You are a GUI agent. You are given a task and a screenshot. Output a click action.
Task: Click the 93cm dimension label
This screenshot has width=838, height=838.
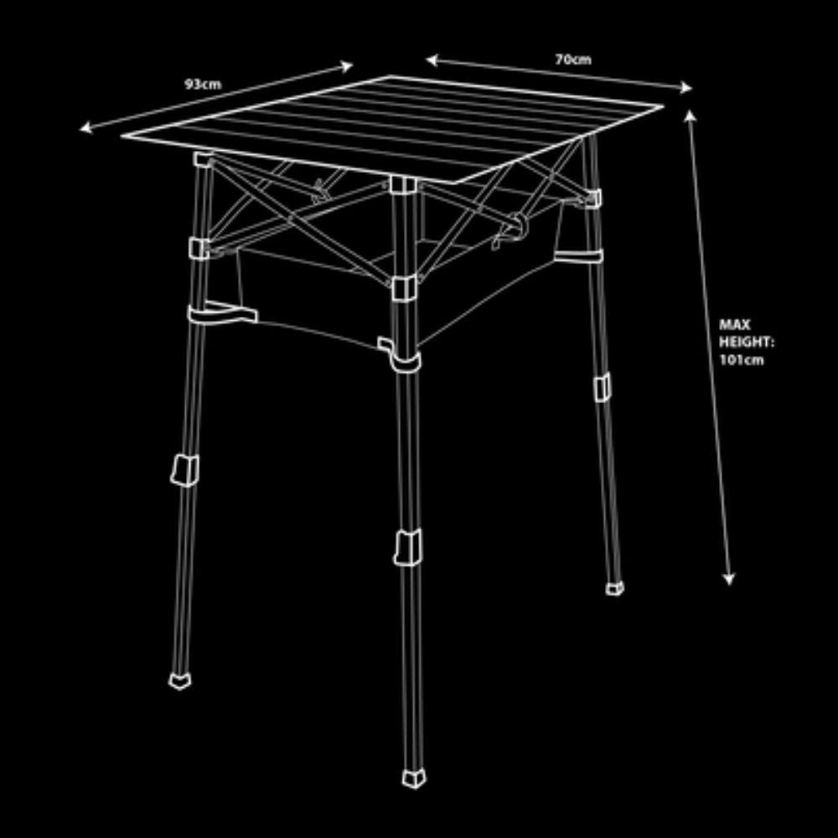click(x=203, y=85)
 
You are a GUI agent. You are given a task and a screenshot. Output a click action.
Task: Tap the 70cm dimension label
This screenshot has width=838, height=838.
click(x=573, y=59)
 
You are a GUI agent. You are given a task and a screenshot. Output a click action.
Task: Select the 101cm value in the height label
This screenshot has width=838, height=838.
click(x=742, y=360)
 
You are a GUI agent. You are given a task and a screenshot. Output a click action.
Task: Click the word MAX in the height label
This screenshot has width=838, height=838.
click(x=735, y=324)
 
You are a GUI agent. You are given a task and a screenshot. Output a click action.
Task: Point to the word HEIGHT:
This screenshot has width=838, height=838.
click(x=746, y=342)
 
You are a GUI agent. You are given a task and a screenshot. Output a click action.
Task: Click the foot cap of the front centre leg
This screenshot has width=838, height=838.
click(x=414, y=779)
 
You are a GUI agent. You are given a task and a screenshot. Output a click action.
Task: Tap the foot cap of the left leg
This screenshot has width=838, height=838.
click(x=179, y=680)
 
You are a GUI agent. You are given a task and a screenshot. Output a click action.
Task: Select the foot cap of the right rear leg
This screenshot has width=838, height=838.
click(x=614, y=588)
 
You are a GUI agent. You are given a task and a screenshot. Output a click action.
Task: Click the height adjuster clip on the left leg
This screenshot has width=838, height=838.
click(x=185, y=470)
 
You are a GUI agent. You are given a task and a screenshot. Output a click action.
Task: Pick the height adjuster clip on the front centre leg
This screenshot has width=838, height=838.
click(x=408, y=547)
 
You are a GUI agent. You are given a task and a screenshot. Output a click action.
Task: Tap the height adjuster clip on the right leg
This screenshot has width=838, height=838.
click(x=603, y=387)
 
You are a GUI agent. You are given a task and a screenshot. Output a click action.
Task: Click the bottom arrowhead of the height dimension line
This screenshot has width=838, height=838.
click(x=728, y=579)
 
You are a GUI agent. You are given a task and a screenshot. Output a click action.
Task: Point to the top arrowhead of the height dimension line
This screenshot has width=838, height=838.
click(x=690, y=116)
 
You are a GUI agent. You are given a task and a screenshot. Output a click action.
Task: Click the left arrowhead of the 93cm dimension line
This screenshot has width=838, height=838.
click(x=86, y=127)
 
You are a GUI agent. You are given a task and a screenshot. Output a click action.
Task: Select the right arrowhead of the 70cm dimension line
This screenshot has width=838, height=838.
click(x=685, y=88)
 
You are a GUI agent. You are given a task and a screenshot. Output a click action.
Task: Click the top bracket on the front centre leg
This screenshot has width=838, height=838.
click(x=403, y=184)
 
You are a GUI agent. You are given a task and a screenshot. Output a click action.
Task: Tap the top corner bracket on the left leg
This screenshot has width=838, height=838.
click(x=204, y=160)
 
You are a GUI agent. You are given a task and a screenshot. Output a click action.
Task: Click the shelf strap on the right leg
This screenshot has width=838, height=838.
click(x=578, y=256)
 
